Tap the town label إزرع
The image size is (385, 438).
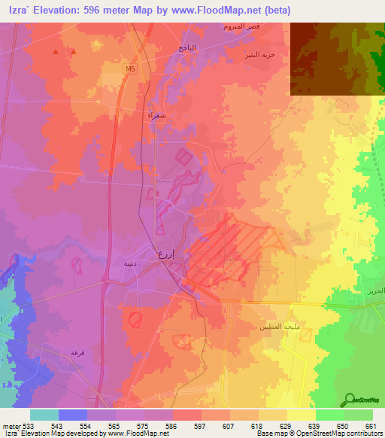coord(165,254)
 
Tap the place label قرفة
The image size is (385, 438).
coord(77,352)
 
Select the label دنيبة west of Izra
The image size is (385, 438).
coord(129,263)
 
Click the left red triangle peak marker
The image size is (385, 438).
coord(56,52)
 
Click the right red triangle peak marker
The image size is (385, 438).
coord(74,52)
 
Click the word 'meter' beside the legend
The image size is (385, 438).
coord(10,426)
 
